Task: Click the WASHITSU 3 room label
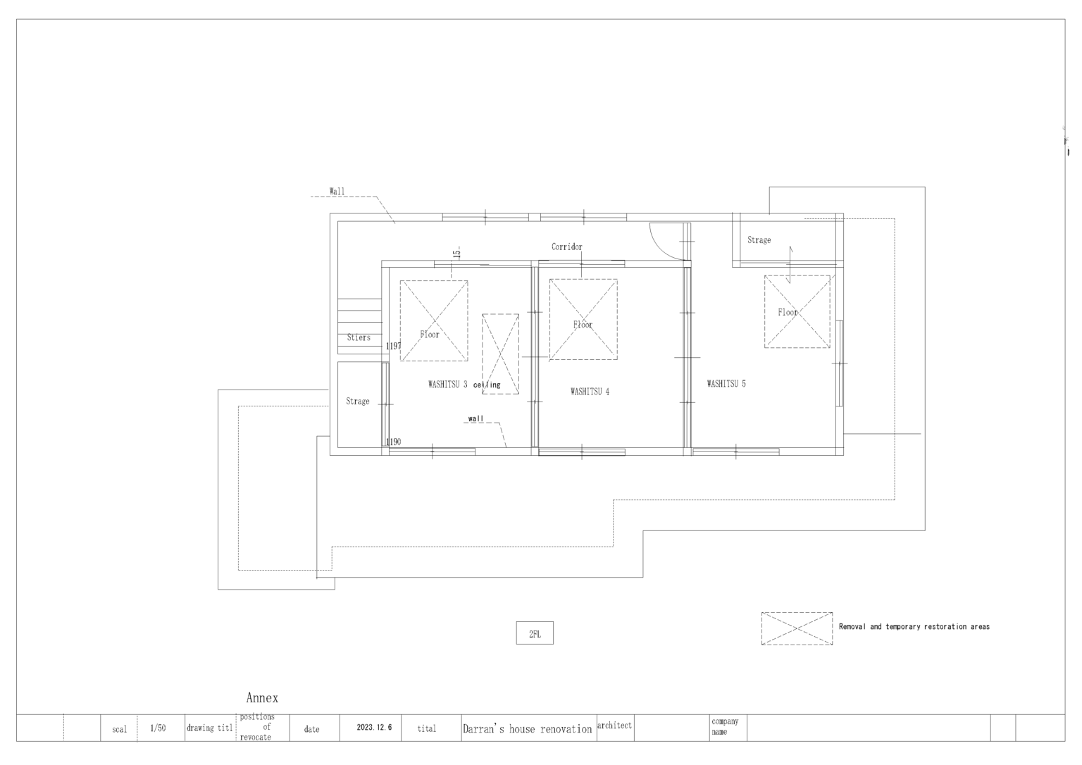(x=447, y=385)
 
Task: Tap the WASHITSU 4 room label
(x=590, y=392)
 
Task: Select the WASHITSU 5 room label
(x=726, y=384)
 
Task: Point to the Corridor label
(x=566, y=247)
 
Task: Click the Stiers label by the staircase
(x=359, y=337)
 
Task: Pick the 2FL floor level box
(x=535, y=634)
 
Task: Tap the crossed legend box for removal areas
(x=797, y=628)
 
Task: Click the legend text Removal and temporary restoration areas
(x=914, y=626)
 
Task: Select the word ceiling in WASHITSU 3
(x=487, y=385)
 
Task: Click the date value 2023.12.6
(x=374, y=728)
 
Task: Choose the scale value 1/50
(x=158, y=728)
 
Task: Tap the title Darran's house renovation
(x=527, y=729)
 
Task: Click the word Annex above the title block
(x=262, y=698)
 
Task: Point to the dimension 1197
(x=393, y=347)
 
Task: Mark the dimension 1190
(x=393, y=442)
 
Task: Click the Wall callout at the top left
(x=337, y=191)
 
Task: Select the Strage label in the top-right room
(x=759, y=240)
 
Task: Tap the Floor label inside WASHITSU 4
(x=583, y=325)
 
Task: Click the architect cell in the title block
(x=614, y=726)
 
